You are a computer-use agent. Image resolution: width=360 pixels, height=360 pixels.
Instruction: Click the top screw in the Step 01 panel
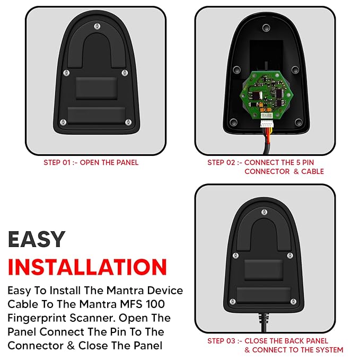tap(98, 26)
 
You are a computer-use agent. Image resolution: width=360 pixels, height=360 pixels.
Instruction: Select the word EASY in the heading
tap(37, 239)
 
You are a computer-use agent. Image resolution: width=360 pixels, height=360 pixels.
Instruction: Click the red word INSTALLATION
tap(87, 267)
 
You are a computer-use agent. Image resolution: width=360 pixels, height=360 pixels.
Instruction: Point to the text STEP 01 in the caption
tap(57, 163)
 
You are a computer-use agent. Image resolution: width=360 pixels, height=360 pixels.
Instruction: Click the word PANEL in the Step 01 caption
tap(127, 163)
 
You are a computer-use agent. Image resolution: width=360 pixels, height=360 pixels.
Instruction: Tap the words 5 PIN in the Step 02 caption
tap(305, 163)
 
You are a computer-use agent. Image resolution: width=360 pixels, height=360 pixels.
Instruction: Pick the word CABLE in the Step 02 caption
tap(312, 171)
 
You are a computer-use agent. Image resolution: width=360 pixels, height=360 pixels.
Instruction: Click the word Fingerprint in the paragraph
tap(37, 319)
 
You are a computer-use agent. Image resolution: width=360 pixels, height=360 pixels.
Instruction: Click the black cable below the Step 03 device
tap(264, 322)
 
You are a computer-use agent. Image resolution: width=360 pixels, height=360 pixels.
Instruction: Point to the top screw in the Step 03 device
tap(264, 212)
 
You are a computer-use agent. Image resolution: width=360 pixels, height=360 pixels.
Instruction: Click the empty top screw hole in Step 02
tap(266, 28)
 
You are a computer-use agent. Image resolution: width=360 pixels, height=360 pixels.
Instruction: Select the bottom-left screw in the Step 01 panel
tap(63, 122)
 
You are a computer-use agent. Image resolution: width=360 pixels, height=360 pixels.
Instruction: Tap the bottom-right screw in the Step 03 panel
tap(293, 302)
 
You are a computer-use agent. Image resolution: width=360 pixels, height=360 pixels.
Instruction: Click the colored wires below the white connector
tap(267, 133)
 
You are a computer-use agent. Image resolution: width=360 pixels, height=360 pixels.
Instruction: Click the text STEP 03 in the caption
tap(222, 341)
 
